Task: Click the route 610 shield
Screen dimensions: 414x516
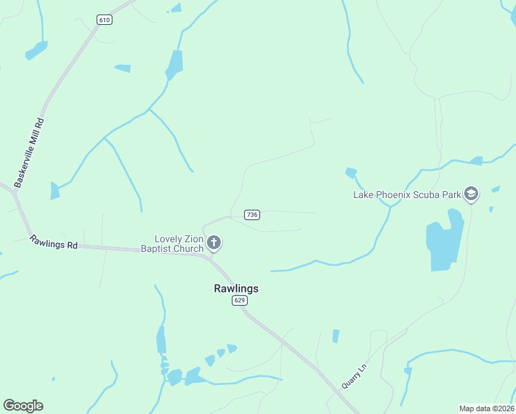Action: click(104, 20)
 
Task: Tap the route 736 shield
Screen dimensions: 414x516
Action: click(252, 215)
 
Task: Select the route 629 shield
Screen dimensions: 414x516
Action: click(239, 300)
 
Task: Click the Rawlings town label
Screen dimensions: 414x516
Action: click(236, 288)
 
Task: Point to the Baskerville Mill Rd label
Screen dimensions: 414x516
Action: click(30, 152)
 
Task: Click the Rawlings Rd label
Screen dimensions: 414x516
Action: click(53, 243)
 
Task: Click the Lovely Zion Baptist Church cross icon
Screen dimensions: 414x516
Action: click(214, 242)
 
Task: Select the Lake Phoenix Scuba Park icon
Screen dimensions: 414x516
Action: click(472, 194)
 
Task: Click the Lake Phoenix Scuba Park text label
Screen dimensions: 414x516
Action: click(406, 195)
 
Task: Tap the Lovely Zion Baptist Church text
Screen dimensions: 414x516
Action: click(172, 243)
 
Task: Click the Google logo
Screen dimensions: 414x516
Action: click(23, 406)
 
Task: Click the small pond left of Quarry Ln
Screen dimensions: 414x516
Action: click(336, 336)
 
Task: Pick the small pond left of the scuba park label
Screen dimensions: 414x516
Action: click(351, 172)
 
